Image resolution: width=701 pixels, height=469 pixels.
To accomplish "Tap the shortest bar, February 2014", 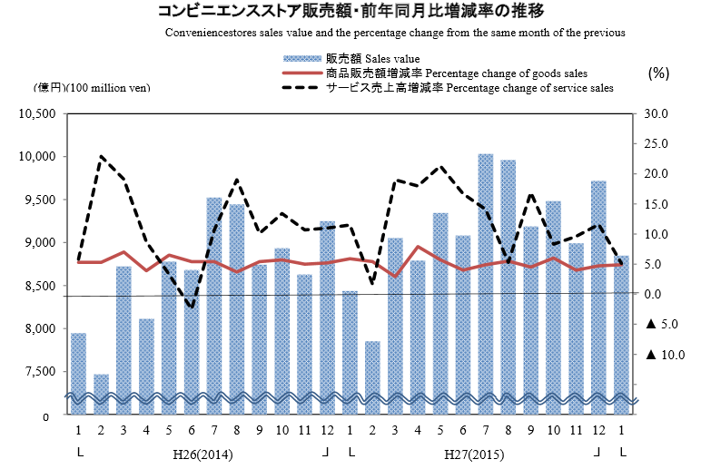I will pos(101,393).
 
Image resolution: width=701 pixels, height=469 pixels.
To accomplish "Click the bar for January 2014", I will pos(79,372).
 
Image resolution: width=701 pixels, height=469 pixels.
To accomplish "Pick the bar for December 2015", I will pos(598,295).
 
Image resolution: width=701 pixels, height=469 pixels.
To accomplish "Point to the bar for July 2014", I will pos(214,304).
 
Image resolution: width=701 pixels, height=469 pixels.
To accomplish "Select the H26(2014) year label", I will pos(202,453).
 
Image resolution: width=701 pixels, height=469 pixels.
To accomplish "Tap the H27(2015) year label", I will pos(474,453).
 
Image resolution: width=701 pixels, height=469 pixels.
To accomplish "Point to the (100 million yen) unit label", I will pos(109,88).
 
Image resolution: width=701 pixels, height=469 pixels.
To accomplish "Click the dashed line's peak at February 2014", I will pos(101,156).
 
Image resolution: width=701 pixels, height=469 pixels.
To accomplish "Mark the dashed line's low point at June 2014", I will pos(192,307).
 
